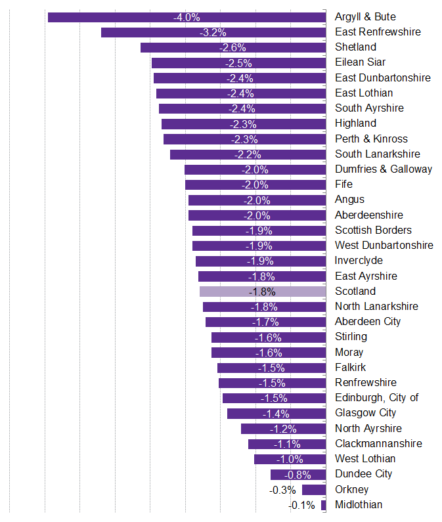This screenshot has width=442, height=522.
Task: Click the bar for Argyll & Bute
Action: tap(118, 17)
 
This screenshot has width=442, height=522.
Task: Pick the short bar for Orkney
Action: tap(314, 490)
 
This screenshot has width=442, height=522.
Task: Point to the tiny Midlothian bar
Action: tap(324, 505)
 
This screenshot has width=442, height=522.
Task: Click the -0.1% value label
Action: tap(302, 505)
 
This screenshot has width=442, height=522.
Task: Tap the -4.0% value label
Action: tap(187, 17)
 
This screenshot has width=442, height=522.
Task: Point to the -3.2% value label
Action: tap(213, 32)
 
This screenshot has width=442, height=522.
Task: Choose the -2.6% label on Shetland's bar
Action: tap(233, 47)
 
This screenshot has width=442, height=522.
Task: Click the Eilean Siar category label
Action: tap(360, 62)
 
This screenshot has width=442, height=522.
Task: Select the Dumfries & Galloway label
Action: tap(384, 169)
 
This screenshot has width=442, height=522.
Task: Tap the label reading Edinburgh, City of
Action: tap(376, 398)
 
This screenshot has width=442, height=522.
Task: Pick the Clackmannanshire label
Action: tap(378, 444)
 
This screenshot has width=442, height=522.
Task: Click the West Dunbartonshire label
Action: tap(384, 246)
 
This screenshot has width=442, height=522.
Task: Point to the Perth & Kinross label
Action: tap(371, 139)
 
